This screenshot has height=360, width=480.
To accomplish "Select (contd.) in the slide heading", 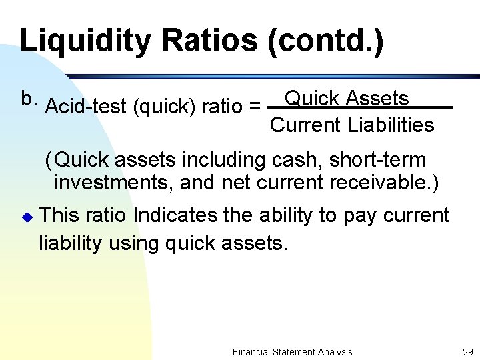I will coord(325,41).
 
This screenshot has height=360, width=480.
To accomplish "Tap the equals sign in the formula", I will coord(254,107).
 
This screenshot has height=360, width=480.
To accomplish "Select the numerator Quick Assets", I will coord(347,99).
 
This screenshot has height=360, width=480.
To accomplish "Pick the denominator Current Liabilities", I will coord(352,125).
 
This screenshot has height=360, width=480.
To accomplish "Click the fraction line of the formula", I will coord(360,108).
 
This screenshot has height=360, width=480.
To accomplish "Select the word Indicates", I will coord(175,215).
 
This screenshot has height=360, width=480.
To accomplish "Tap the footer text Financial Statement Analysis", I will coord(293,352).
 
